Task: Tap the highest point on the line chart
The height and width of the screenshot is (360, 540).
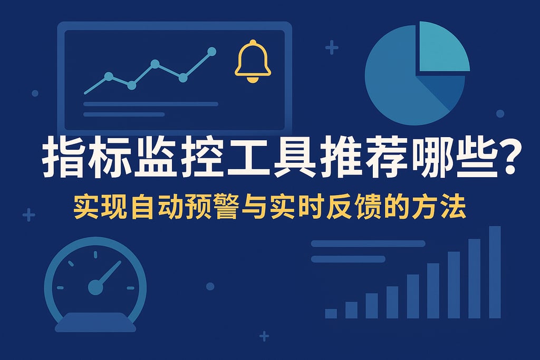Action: point(212,52)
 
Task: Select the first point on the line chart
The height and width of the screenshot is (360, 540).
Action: point(108,76)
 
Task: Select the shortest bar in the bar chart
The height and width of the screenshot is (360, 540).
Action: point(331,314)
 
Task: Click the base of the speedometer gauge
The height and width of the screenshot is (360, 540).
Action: point(95,321)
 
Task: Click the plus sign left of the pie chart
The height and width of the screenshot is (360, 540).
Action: point(332,49)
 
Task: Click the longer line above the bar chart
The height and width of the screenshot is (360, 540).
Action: point(368,244)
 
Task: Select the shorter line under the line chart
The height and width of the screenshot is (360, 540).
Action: point(124,114)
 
